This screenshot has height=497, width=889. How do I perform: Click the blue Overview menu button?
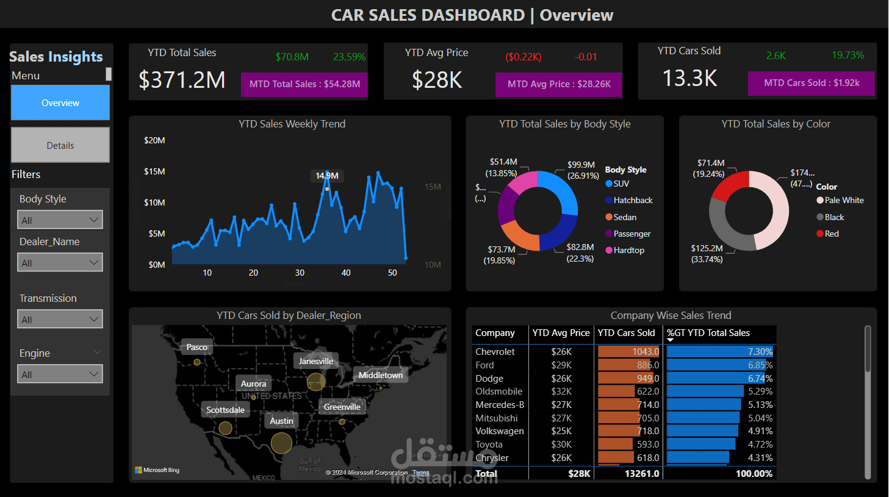coord(60,102)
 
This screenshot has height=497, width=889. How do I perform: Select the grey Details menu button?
coord(60,145)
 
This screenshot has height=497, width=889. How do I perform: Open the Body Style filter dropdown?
coord(60,220)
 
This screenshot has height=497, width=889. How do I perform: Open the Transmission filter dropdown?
coord(60,320)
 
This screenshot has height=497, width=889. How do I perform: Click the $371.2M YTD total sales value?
coord(182,80)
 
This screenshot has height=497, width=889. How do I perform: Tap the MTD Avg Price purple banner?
coord(559,84)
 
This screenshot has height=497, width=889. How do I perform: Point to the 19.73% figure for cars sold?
coord(848,55)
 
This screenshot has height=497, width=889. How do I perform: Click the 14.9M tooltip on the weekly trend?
coord(327,176)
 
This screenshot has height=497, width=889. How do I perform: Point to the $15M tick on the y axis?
coord(154,171)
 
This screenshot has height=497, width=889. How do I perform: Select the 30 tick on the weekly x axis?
coord(300,273)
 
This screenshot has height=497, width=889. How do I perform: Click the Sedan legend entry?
coord(624,217)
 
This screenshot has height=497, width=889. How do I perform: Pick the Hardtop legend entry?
coord(628,250)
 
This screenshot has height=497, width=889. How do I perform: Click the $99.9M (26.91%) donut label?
coord(581,170)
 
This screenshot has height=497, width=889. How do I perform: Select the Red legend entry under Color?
coord(831,234)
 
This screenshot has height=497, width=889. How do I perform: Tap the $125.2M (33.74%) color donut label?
coord(707,254)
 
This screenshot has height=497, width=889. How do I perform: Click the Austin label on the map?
coord(281,421)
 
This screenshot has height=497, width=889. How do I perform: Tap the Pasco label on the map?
coord(196,347)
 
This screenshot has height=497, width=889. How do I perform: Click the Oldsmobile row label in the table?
coord(498,392)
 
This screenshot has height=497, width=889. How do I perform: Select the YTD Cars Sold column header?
coord(626,333)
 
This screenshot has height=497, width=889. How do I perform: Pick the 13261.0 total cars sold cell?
coord(641,474)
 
